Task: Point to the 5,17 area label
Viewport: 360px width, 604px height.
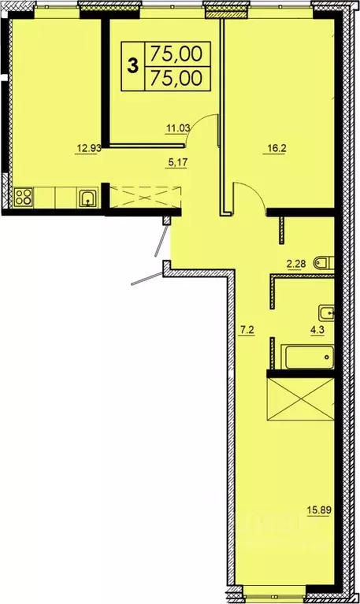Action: (x=176, y=164)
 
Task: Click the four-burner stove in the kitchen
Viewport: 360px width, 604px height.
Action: (x=23, y=196)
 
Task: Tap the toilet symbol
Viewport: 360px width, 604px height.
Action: (x=321, y=261)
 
